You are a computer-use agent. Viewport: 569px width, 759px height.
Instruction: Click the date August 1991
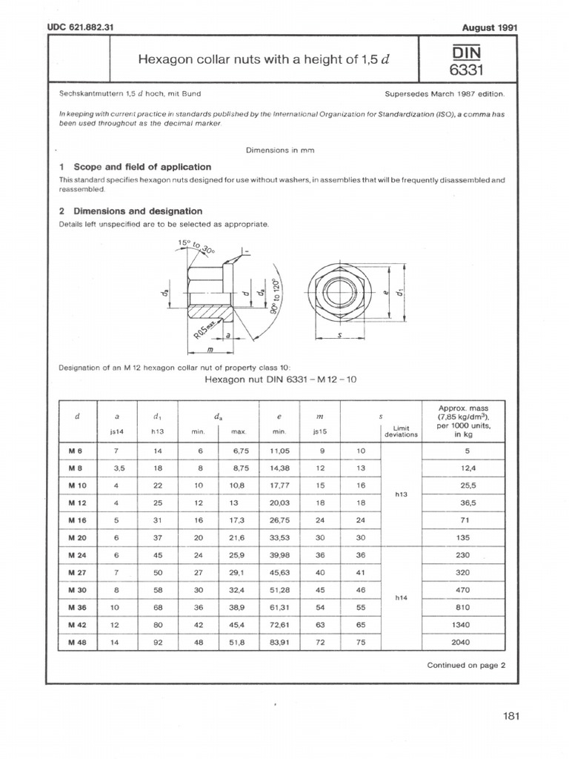point(489,27)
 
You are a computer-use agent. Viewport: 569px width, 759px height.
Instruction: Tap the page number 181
point(510,715)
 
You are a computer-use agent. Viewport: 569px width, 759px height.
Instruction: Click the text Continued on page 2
point(466,665)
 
